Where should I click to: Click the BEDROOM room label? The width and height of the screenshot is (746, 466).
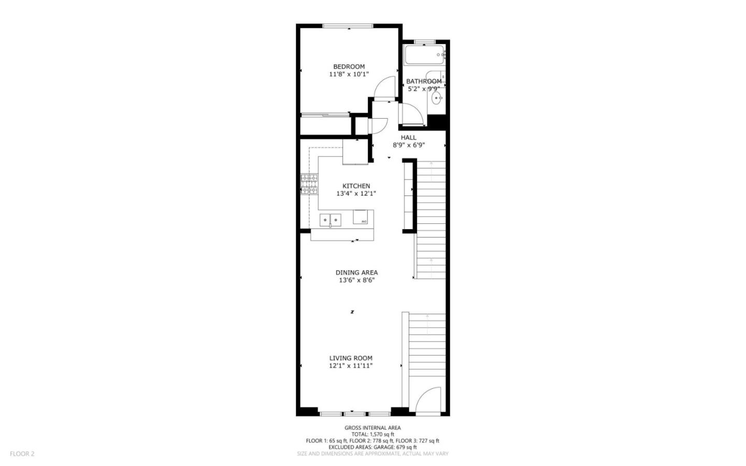point(349,66)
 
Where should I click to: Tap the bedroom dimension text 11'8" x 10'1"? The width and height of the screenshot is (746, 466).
point(349,74)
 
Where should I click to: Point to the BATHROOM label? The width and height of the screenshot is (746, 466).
point(424,81)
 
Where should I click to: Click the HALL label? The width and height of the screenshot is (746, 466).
point(408,137)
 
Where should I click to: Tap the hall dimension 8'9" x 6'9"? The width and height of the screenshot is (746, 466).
point(408,145)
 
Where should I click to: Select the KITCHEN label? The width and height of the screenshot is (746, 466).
point(356,186)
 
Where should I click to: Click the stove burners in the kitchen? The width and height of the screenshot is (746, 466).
point(309,185)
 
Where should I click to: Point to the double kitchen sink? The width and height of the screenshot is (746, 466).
point(331,220)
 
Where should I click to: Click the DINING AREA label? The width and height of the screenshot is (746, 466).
point(356,272)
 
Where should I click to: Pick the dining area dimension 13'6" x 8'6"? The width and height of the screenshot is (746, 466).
point(356,280)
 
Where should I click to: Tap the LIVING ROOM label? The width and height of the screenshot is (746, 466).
point(351,358)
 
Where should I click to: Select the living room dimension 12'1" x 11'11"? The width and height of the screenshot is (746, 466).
point(351,365)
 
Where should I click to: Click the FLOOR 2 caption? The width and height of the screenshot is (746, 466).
point(22,454)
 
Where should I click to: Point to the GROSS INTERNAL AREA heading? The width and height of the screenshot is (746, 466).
point(372,428)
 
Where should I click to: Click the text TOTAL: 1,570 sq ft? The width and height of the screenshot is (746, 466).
point(372,434)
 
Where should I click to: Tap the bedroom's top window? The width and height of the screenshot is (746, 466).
point(348,26)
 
